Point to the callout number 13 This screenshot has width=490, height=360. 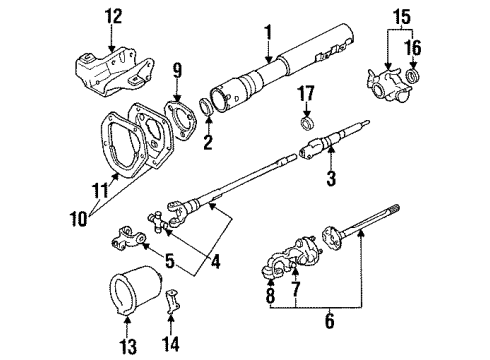[x=127, y=348]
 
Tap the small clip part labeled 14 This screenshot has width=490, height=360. [x=170, y=302]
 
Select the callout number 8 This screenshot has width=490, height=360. [x=269, y=298]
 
